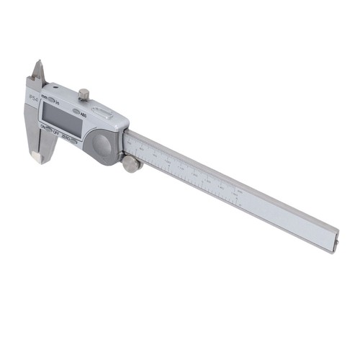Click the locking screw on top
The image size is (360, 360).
pyautogui.click(x=84, y=94)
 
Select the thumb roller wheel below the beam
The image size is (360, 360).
pyautogui.click(x=132, y=164)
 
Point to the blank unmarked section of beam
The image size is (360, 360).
pyautogui.click(x=288, y=216)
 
